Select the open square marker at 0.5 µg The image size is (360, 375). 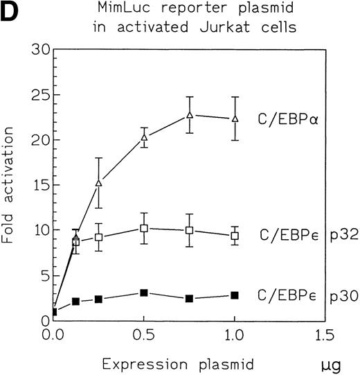(x=144, y=228)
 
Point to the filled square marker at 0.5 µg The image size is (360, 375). (x=144, y=293)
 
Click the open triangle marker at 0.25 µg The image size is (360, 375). (x=99, y=183)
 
